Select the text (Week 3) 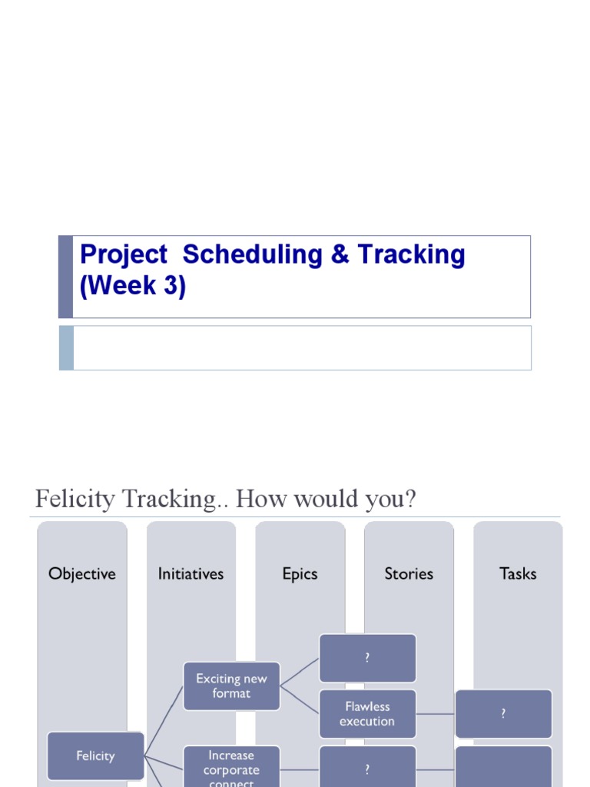133,286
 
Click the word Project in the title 123,255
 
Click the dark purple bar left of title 65,277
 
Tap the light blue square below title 66,347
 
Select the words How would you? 326,500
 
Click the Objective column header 81,573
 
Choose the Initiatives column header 191,573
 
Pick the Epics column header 300,573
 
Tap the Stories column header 409,573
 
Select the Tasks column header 518,573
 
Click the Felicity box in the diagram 95,756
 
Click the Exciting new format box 231,686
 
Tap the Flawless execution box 367,714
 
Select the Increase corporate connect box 231,767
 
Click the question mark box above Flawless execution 367,658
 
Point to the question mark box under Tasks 503,714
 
